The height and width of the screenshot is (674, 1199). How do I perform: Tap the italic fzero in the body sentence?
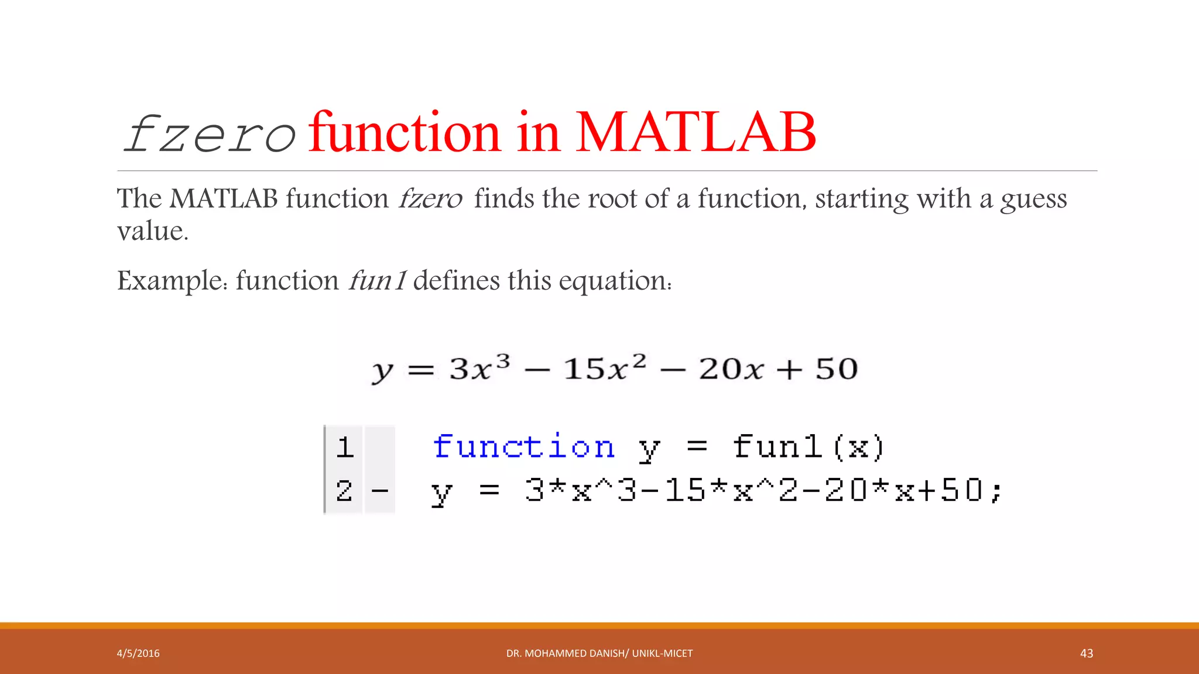430,199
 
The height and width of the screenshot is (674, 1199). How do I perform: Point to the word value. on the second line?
152,231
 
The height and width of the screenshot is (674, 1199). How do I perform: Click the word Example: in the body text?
172,281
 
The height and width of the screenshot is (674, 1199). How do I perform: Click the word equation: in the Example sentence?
615,281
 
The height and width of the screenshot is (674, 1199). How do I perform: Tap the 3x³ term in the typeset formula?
479,369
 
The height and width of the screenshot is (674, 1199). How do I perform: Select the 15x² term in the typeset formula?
604,369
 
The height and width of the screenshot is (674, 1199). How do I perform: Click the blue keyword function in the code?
523,447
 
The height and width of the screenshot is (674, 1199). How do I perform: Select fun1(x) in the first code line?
808,448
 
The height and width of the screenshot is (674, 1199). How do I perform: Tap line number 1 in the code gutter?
344,448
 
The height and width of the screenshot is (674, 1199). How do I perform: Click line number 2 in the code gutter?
344,490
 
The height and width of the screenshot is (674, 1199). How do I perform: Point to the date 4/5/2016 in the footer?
138,654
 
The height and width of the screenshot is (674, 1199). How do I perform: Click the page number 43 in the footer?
1086,654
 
